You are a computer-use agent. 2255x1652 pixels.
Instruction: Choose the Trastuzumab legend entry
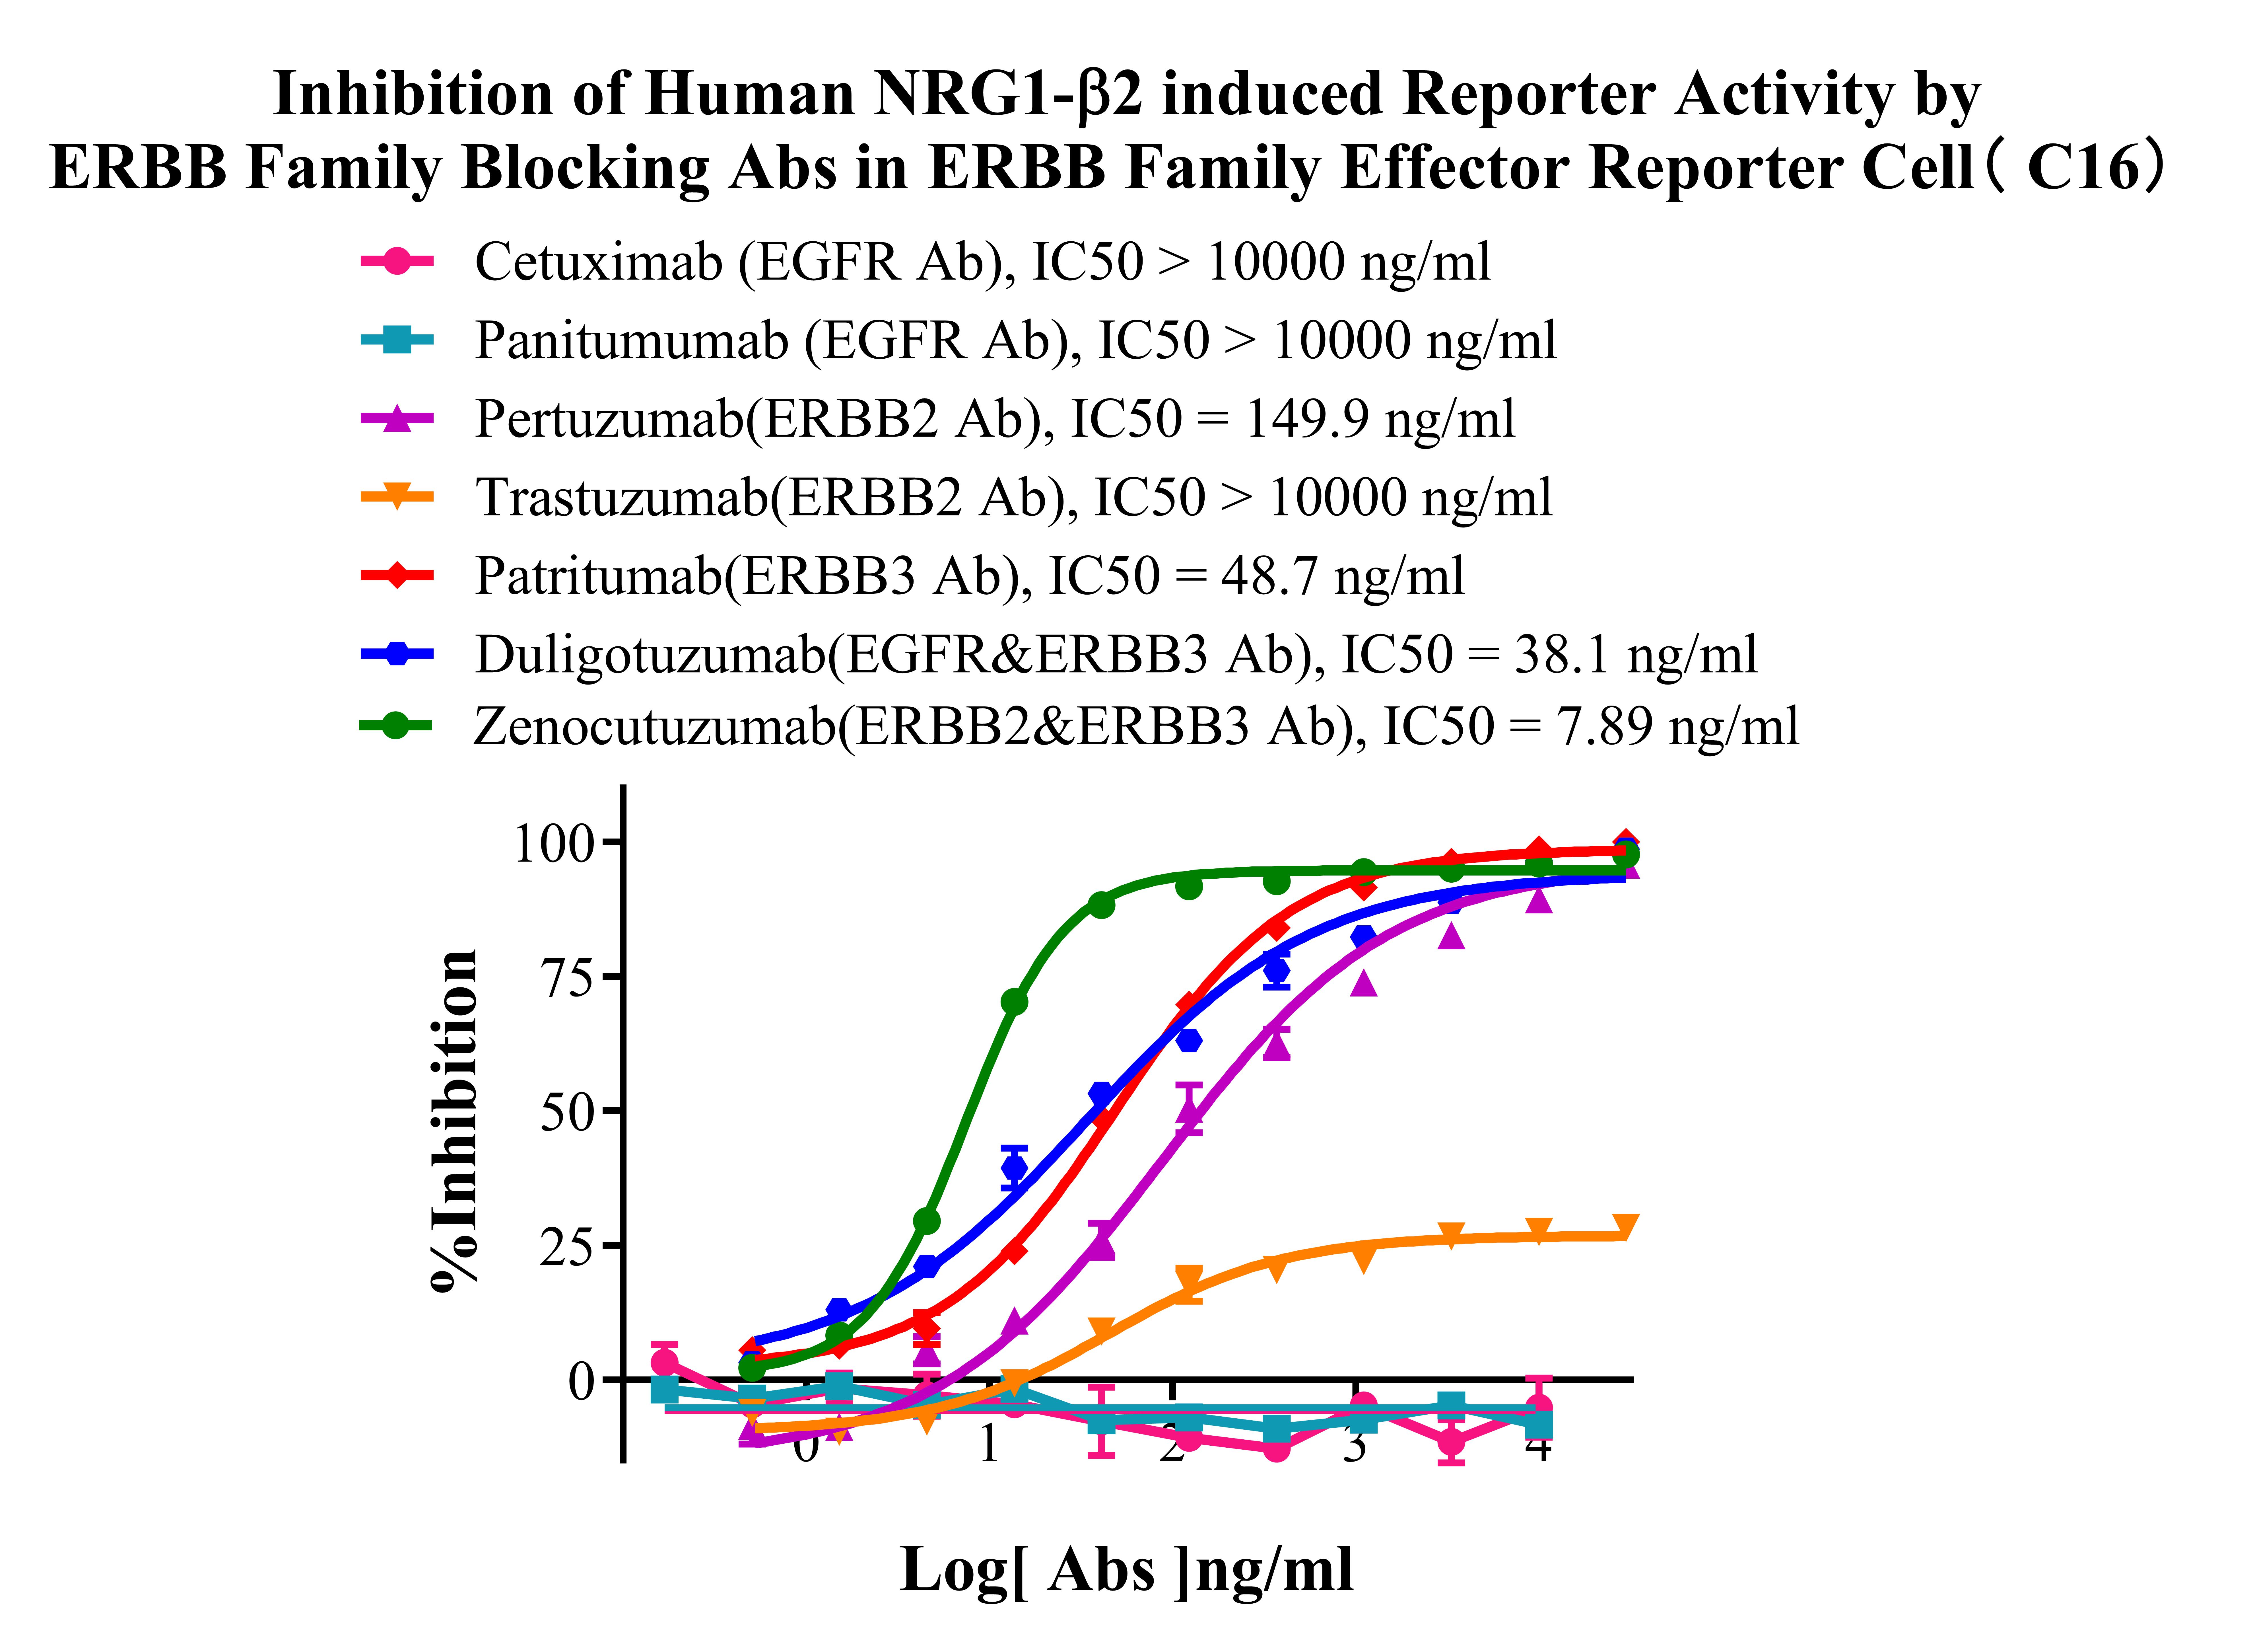[1013, 497]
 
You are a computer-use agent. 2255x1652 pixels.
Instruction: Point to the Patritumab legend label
[968, 576]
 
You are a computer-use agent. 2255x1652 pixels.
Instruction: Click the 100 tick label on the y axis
[553, 843]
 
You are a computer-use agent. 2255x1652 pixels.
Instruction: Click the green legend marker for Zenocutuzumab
[397, 726]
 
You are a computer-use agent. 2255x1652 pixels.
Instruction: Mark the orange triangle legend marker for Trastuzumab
[397, 497]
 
